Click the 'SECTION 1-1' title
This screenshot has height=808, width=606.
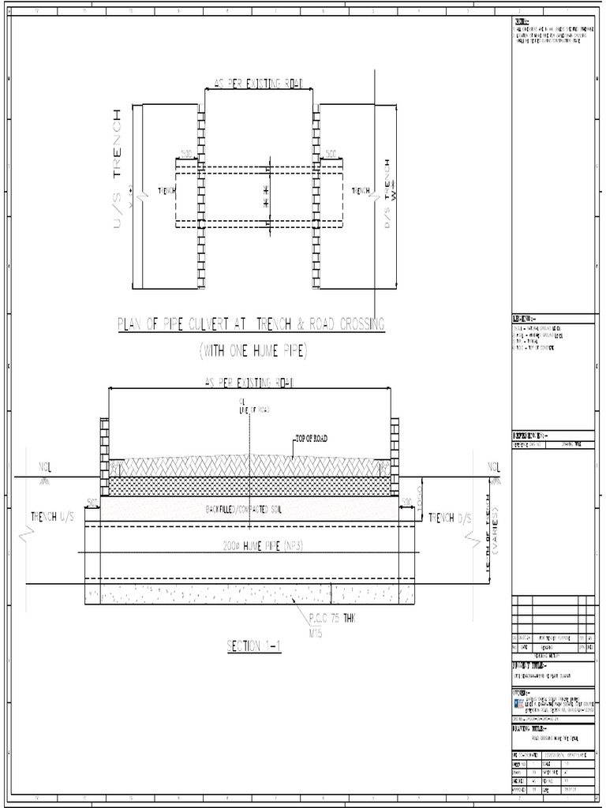coord(254,646)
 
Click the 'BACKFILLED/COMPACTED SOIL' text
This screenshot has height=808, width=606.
coord(249,510)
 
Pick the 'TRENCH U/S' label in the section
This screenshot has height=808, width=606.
coord(54,517)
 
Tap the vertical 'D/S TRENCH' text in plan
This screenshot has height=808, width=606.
coord(387,193)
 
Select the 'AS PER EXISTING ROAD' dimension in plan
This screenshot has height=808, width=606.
coord(259,82)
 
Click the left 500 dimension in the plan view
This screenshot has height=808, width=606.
coord(186,152)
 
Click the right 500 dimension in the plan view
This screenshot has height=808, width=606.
coord(331,152)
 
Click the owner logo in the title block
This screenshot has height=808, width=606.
coord(518,701)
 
